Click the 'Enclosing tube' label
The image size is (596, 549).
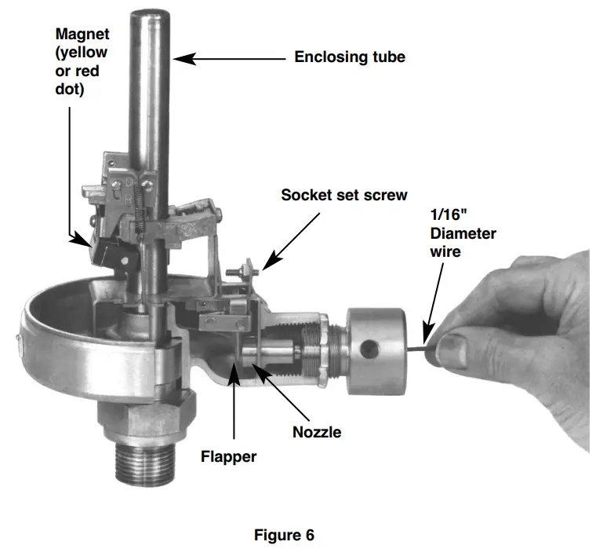[x=350, y=57]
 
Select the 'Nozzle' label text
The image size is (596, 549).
[x=317, y=431]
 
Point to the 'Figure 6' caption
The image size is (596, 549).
[x=284, y=535]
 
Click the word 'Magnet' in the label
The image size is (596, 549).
[x=82, y=35]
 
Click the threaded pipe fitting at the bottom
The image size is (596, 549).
[x=145, y=463]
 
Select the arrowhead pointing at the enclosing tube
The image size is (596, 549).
[x=179, y=57]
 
